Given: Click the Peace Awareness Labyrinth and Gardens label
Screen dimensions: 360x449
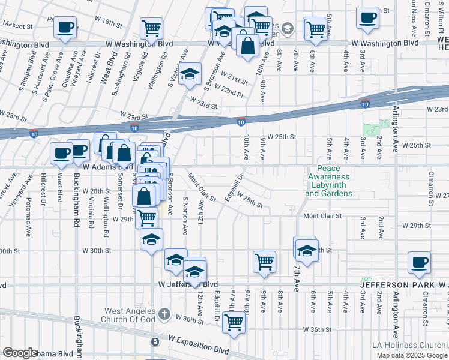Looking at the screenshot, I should [328, 181].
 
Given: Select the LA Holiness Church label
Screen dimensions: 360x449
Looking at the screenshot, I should [409, 345].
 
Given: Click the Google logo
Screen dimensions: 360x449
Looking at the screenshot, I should [20, 353].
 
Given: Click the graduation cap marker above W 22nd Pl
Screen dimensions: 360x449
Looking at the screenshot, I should [190, 74].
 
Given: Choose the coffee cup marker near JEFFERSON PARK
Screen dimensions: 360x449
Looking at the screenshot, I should [419, 262].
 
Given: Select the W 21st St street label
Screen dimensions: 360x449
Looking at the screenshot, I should [234, 77].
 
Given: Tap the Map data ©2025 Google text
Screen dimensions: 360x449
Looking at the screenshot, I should [411, 355].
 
